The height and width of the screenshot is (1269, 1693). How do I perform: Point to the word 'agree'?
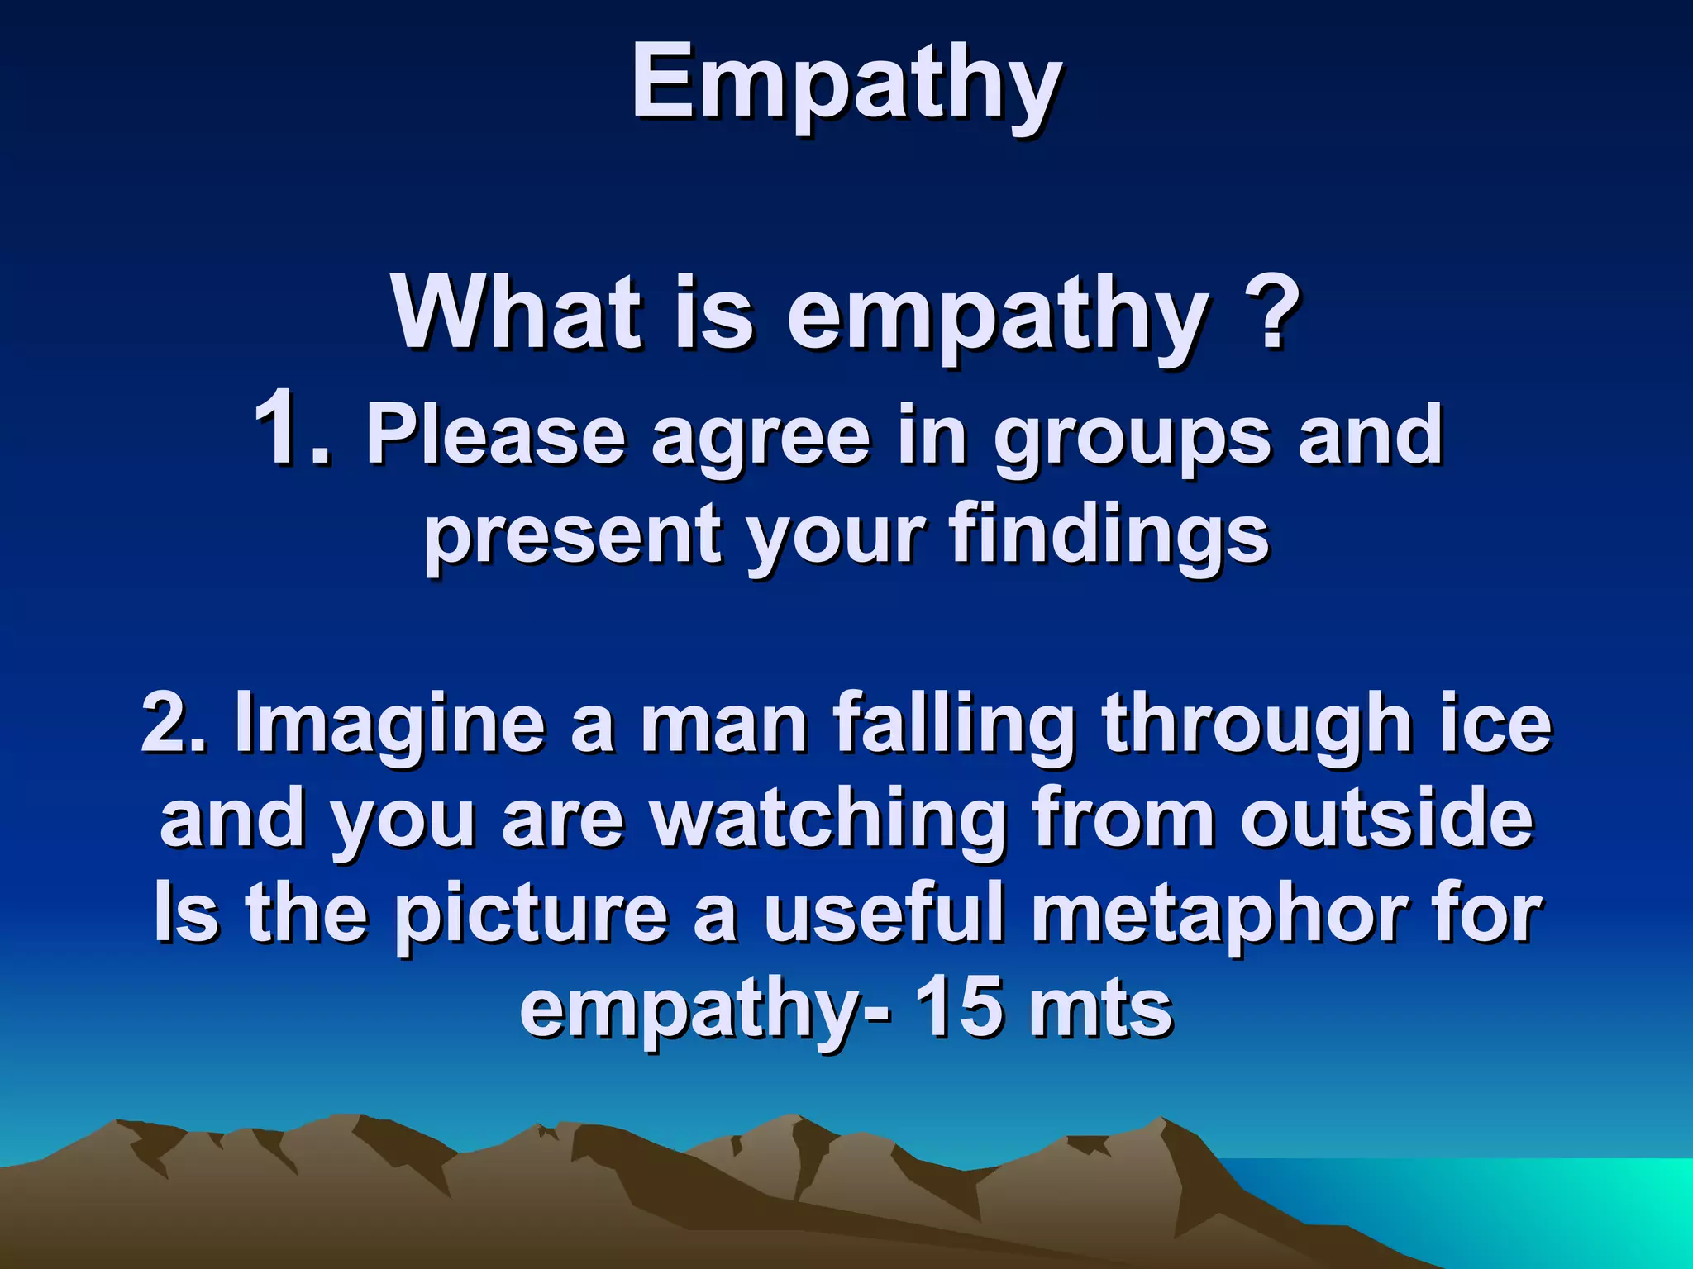(x=761, y=438)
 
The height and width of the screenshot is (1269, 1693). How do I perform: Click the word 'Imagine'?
(x=389, y=725)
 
